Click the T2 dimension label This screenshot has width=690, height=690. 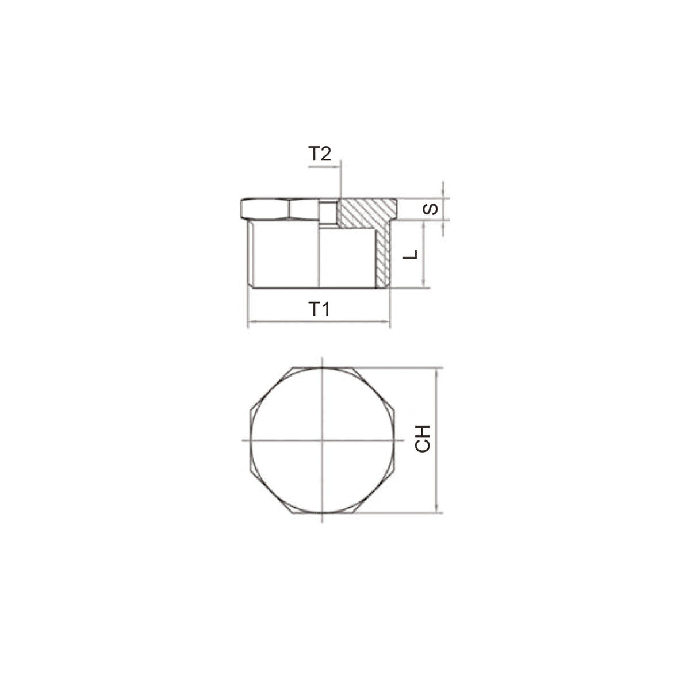319,154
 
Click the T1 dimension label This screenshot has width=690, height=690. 319,309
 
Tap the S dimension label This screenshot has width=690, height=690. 430,209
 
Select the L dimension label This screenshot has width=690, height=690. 411,254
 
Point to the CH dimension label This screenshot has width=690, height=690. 423,439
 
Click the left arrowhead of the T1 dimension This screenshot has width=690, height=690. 251,321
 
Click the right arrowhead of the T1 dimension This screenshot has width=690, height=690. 387,321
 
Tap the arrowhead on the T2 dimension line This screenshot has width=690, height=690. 336,167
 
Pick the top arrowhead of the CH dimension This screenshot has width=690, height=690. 436,371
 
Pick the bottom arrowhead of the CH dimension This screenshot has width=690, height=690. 436,509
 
